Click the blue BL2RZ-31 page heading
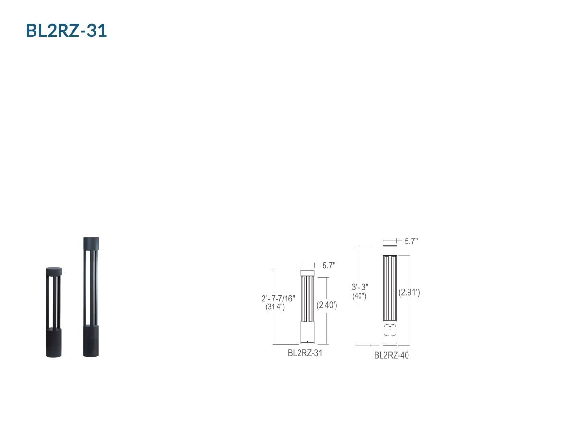(x=67, y=31)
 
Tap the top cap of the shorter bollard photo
(x=54, y=271)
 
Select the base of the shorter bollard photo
(x=54, y=342)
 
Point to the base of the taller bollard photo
(x=91, y=341)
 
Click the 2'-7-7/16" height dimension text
(x=278, y=299)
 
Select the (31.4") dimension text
(x=275, y=307)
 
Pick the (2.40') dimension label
(x=326, y=305)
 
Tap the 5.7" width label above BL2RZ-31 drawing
(x=329, y=266)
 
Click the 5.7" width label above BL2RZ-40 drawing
(x=411, y=242)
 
